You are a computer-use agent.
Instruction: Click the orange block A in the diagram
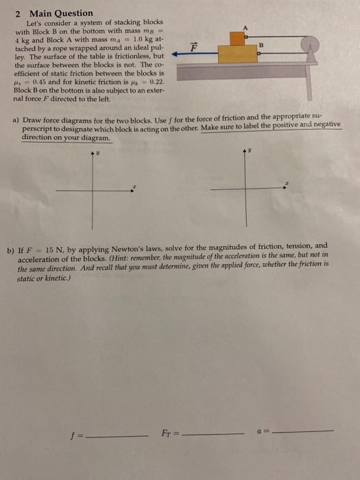tap(237, 39)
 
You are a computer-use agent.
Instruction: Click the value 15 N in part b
tap(67, 245)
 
